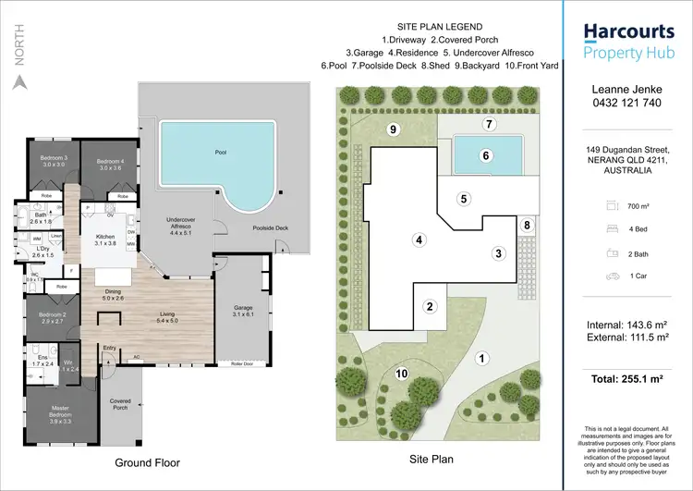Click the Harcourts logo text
[627, 33]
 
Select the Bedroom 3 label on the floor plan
[53, 161]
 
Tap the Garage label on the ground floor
[242, 310]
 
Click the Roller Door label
[244, 364]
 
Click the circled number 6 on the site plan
[486, 156]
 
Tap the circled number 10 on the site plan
[401, 373]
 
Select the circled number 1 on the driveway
[480, 358]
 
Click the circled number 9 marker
[393, 129]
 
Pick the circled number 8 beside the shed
[527, 225]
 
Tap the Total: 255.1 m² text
[627, 378]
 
